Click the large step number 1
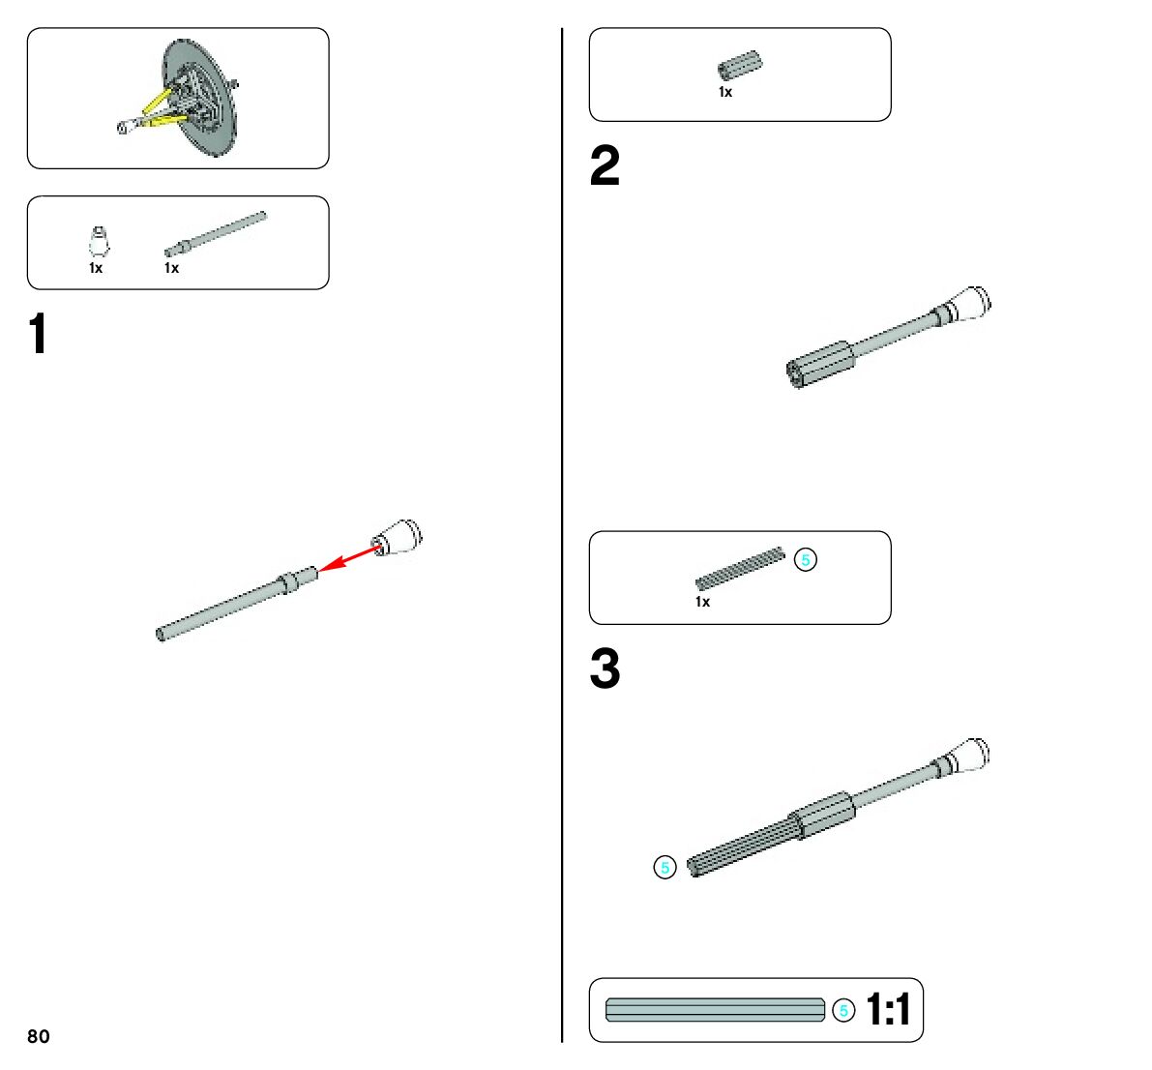coord(38,335)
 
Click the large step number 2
coord(605,166)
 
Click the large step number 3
coord(605,669)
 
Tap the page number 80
coord(39,1036)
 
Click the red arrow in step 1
coord(350,557)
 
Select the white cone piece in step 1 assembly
coord(399,536)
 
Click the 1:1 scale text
coord(888,1010)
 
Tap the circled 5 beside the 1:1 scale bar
coord(843,1011)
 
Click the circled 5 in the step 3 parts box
coord(805,559)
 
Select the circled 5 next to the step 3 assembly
coord(665,868)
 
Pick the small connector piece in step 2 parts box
coord(739,66)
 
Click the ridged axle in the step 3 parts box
coord(740,569)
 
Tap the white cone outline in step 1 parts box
coord(99,242)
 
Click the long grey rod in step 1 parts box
coord(215,234)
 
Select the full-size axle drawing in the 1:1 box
coord(715,1010)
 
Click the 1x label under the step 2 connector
coord(725,93)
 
